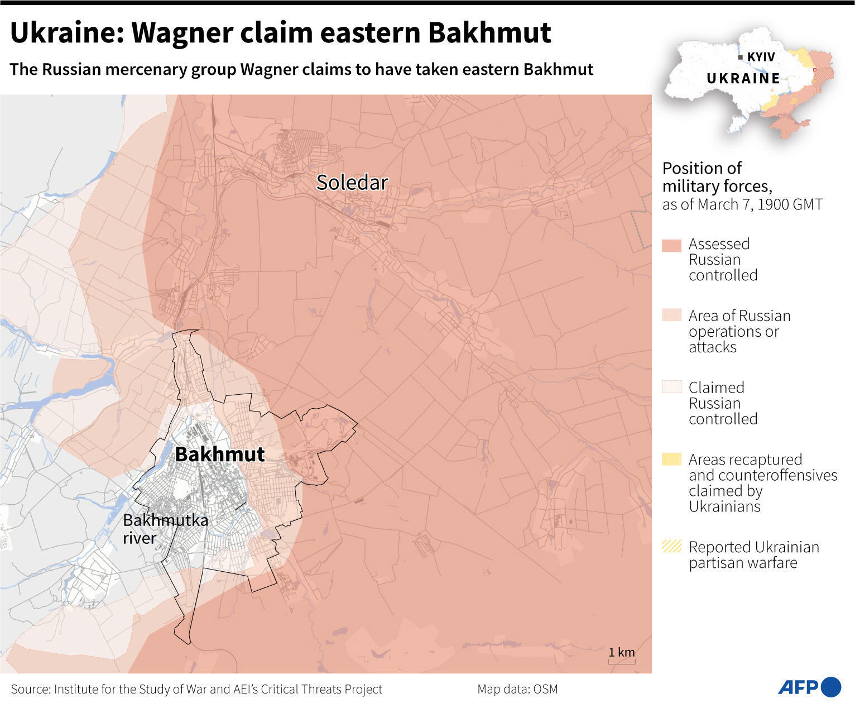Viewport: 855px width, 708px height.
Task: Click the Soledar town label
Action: pos(352,183)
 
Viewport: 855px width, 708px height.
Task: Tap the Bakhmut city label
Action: pos(219,454)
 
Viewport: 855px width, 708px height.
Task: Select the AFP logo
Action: pos(809,687)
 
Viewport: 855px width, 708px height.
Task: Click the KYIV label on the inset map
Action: pos(761,57)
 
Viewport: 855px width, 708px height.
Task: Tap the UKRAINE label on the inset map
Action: pos(743,79)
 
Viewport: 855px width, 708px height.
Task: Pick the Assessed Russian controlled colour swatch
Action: pos(671,246)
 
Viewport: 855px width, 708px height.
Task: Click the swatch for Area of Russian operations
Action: pos(671,315)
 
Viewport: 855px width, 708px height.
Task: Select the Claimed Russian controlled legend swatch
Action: pos(671,387)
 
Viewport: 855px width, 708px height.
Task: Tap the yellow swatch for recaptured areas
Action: pos(671,459)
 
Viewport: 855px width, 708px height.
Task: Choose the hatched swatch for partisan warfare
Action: pos(671,546)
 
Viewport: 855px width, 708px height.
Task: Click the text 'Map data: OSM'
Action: pos(517,689)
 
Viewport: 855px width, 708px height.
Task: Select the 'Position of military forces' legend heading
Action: pos(717,176)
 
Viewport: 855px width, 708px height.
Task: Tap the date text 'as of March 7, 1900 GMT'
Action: pos(742,204)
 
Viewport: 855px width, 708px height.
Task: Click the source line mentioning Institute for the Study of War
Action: pos(196,689)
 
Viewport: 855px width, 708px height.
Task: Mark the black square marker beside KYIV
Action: pos(740,57)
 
